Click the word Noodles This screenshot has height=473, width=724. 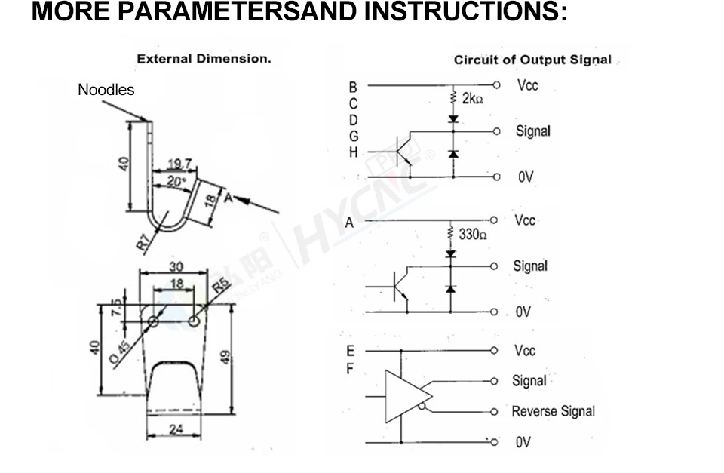(106, 90)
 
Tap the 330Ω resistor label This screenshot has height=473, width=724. (473, 235)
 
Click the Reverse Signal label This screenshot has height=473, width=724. (553, 411)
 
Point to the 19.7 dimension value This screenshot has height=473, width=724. (180, 164)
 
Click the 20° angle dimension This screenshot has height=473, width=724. (175, 181)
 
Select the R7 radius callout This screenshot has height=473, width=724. (143, 241)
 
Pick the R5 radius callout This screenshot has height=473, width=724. (220, 284)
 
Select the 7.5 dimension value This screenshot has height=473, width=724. (115, 308)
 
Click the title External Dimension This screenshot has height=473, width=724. (204, 58)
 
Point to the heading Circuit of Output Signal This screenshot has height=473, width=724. (532, 60)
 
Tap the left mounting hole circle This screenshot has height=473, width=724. (153, 321)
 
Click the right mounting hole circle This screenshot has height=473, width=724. (195, 321)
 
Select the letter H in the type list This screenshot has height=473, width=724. (352, 152)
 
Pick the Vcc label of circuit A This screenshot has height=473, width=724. (526, 220)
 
